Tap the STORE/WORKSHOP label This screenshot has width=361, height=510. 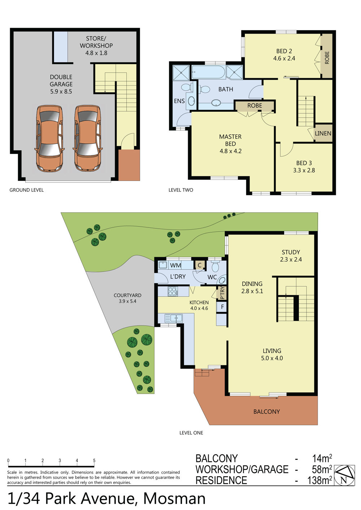point(96,42)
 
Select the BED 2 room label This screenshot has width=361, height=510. point(284,51)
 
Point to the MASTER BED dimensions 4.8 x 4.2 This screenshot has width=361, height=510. point(230,151)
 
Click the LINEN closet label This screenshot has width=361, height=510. point(323,133)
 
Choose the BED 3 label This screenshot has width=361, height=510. point(304,163)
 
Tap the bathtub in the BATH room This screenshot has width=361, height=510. point(209,72)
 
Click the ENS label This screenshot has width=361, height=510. point(179,101)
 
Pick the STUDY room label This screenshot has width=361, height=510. point(291,252)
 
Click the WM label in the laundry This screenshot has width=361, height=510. point(175,265)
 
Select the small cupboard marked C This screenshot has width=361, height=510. point(200,265)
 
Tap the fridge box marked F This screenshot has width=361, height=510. point(222,307)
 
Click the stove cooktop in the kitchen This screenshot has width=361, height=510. point(173,292)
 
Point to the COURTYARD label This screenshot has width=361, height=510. point(127,295)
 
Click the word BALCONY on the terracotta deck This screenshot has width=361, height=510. point(266,411)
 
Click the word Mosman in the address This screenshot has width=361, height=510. point(174,498)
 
